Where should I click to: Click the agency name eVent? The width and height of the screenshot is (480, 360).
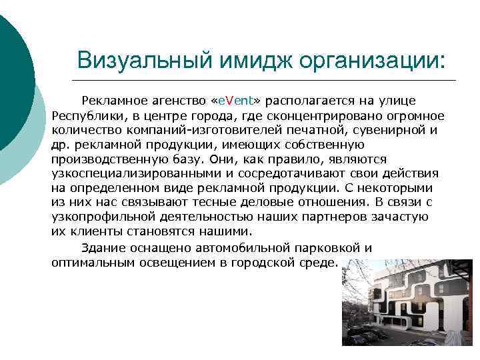point(235,101)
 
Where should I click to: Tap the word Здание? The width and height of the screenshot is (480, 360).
point(103,247)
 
